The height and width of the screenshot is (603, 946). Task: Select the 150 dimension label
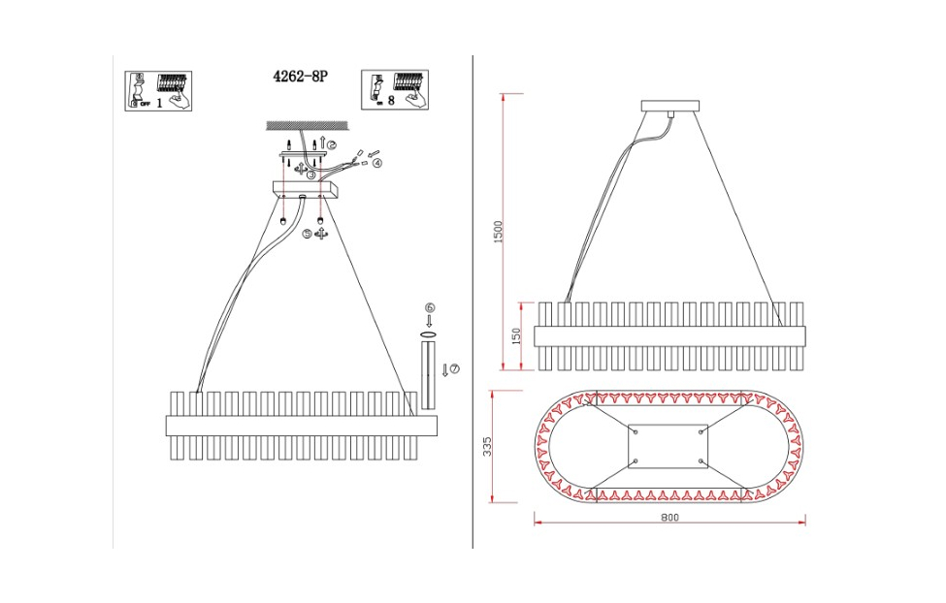pos(516,335)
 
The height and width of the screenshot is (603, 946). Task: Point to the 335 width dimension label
pos(488,446)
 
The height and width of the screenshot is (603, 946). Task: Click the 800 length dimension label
pos(669,517)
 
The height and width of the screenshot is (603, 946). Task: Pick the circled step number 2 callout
pos(332,145)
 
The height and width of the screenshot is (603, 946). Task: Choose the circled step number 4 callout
pos(377,163)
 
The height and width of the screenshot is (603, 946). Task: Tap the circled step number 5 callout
pos(307,234)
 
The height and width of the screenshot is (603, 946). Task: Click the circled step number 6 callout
pos(429,307)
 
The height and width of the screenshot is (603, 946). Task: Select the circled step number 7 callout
pos(454,368)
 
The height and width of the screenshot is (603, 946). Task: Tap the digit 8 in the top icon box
pos(390,100)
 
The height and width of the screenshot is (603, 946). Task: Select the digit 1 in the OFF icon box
pos(158,102)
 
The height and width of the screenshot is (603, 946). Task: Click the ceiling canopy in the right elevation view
pos(670,107)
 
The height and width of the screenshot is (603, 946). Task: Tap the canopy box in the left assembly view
pos(302,191)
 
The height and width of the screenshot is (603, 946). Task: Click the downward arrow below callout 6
pos(429,320)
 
